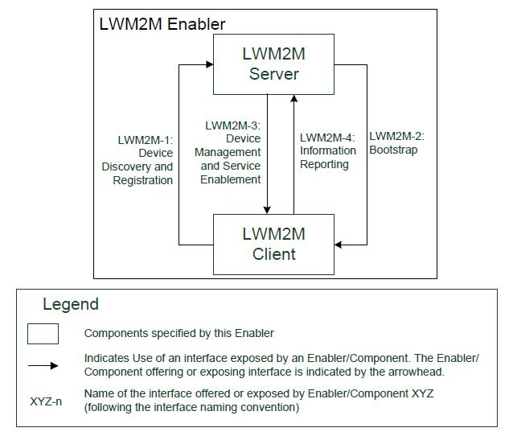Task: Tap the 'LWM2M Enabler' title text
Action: click(x=162, y=24)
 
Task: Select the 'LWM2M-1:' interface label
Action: click(x=146, y=140)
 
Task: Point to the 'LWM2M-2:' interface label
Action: click(x=396, y=136)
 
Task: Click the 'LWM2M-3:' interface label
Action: click(x=232, y=125)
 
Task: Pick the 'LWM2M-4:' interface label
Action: click(x=327, y=138)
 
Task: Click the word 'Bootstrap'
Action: click(x=393, y=150)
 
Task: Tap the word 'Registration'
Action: click(x=142, y=180)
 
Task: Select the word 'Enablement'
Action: click(x=230, y=179)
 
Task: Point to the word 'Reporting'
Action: click(x=324, y=164)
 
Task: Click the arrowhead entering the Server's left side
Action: click(x=209, y=64)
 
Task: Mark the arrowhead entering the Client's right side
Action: click(x=339, y=245)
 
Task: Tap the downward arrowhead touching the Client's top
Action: click(x=267, y=210)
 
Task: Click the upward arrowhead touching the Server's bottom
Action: click(x=293, y=98)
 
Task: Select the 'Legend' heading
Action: click(x=71, y=304)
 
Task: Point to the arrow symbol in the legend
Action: click(x=43, y=366)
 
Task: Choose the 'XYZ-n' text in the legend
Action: click(x=46, y=401)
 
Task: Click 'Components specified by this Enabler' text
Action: click(x=179, y=333)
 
